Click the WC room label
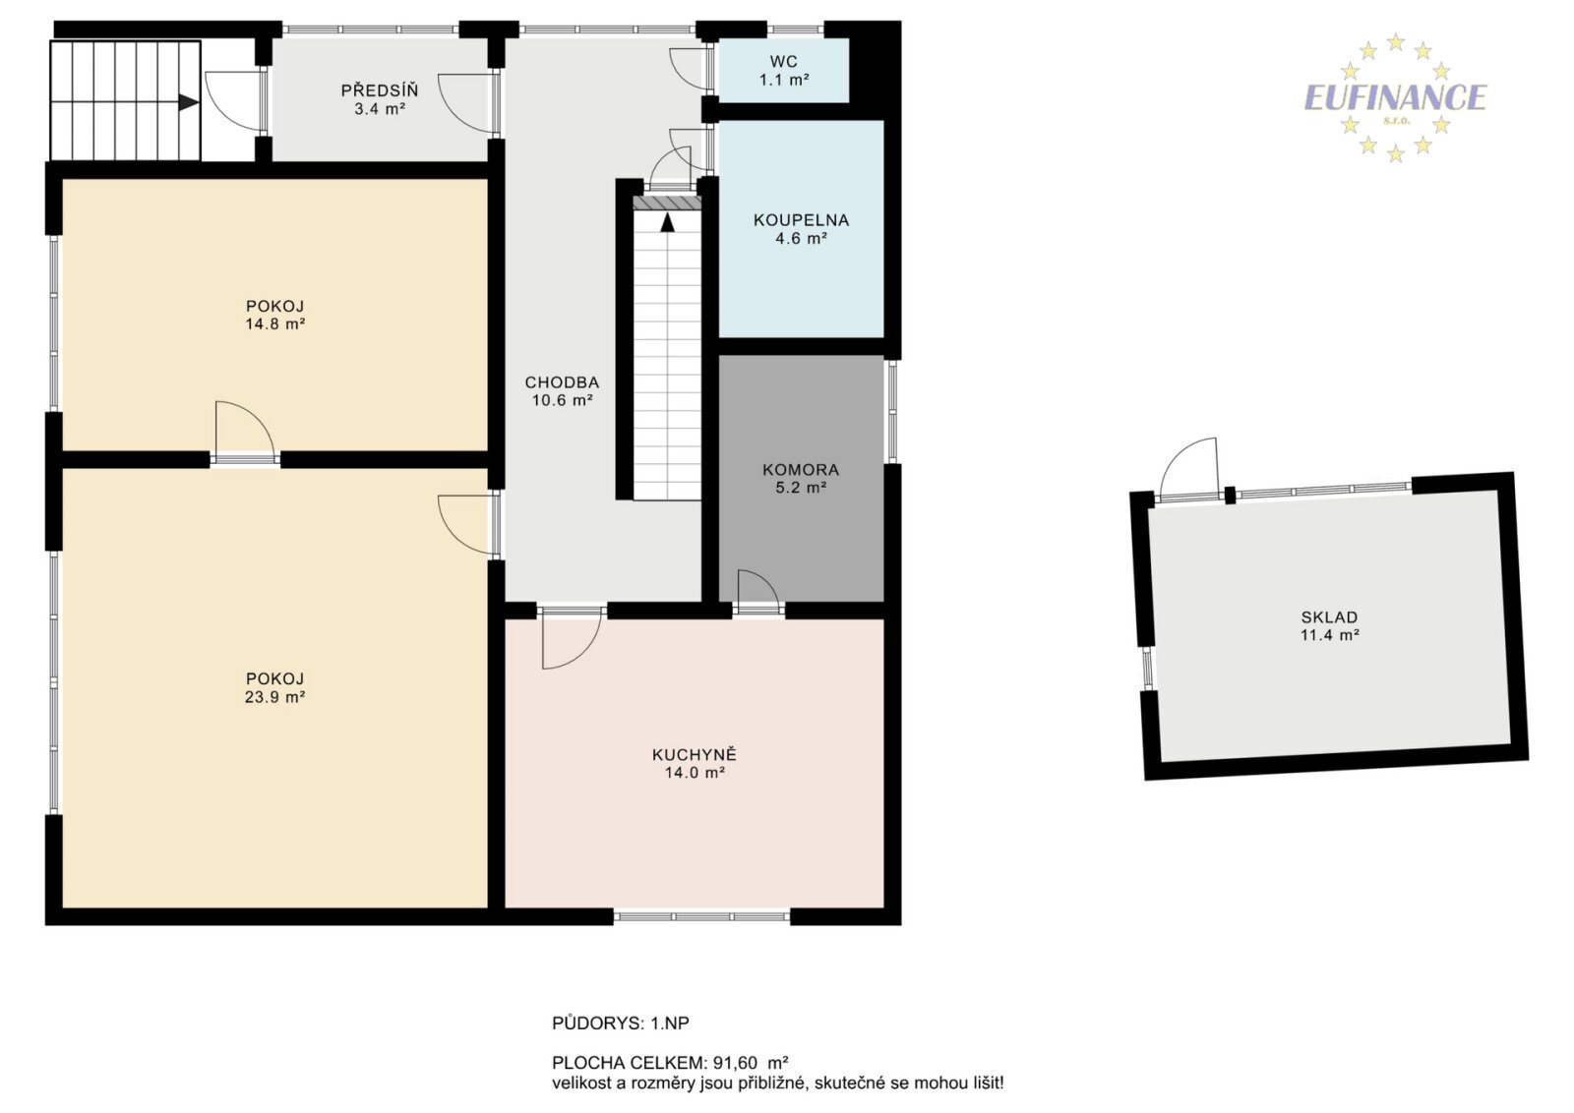click(783, 61)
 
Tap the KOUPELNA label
click(801, 220)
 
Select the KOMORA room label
click(801, 470)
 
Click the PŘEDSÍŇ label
click(380, 89)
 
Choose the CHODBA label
click(562, 382)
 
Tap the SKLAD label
click(1329, 617)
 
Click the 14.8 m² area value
click(274, 323)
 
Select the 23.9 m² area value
click(274, 696)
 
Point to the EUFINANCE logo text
click(1395, 97)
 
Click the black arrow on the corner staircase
click(188, 102)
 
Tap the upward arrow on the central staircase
click(668, 222)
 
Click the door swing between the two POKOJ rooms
click(245, 429)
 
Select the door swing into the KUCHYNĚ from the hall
click(571, 640)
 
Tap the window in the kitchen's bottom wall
click(702, 916)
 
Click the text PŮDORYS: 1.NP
click(621, 1024)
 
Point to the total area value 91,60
click(736, 1063)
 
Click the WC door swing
click(688, 69)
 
